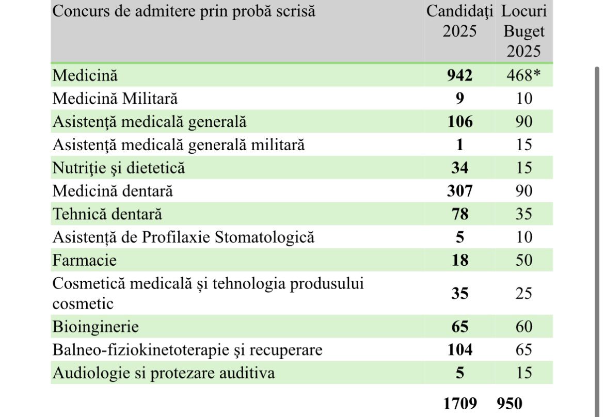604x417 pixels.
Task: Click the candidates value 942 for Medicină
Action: point(459,75)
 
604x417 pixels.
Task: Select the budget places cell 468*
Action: point(523,75)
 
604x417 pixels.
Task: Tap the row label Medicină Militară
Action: point(115,99)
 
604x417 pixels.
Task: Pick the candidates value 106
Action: point(460,122)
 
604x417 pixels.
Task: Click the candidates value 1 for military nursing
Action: point(459,145)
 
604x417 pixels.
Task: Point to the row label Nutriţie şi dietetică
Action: point(119,168)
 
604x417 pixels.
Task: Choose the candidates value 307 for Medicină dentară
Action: point(459,191)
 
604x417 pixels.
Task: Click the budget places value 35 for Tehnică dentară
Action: point(524,214)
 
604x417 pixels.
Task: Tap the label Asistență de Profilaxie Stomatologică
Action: point(183,237)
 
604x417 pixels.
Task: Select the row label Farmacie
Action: point(84,260)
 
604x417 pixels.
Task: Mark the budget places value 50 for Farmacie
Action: point(524,260)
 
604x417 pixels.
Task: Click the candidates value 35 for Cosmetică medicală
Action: point(459,294)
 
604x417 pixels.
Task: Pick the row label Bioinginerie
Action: point(96,327)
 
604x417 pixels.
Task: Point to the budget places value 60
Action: point(524,327)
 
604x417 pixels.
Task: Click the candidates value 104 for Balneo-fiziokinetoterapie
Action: point(460,349)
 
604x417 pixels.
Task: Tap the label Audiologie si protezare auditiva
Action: point(164,373)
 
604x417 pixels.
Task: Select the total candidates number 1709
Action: point(460,404)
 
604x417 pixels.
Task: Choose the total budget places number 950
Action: point(509,404)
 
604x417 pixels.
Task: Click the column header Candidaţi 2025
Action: point(459,21)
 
